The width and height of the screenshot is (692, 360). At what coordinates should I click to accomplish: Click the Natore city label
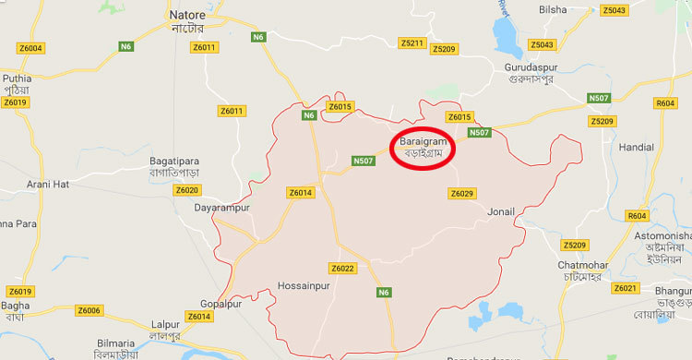point(188,16)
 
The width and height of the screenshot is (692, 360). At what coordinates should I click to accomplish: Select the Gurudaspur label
point(565,68)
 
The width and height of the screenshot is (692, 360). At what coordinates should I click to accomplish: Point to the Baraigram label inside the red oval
point(424,143)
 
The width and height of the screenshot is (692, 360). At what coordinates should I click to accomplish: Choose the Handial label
point(637,147)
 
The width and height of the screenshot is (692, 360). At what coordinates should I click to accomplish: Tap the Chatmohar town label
point(581,266)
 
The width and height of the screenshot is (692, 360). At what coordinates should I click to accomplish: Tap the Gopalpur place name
point(221,304)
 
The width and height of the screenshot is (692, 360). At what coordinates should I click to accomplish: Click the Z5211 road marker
point(412,43)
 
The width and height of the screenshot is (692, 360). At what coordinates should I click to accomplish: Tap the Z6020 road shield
point(187,189)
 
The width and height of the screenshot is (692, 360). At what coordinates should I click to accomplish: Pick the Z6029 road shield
point(461,193)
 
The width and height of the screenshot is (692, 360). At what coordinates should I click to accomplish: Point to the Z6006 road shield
point(89,310)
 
